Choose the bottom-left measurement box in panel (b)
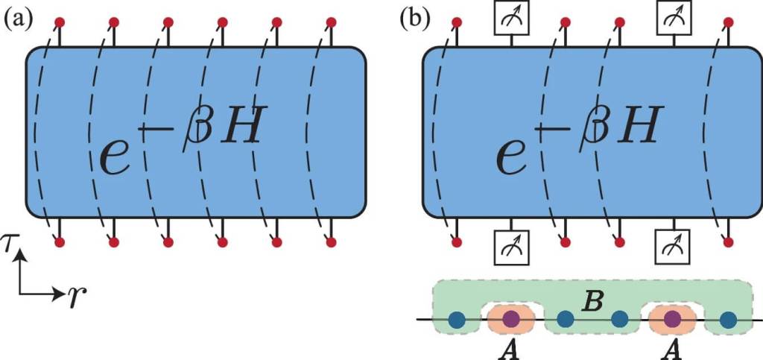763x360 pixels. coord(510,241)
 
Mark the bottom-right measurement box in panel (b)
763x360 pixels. coord(673,241)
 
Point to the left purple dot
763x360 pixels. coord(510,320)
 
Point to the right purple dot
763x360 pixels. coord(673,320)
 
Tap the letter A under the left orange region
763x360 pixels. coord(510,350)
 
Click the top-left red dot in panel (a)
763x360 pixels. coord(60,21)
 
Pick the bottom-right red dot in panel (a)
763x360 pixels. coord(330,241)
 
